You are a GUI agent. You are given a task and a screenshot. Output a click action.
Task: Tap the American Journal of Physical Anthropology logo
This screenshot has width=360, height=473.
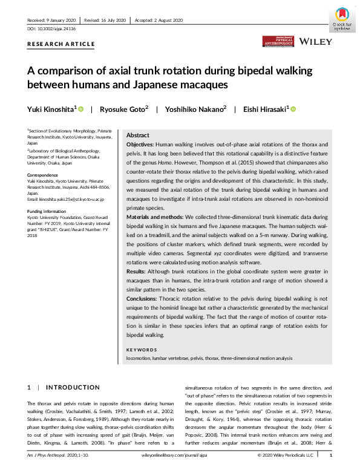(278, 41)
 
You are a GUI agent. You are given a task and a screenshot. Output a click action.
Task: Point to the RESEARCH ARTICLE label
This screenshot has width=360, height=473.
(61, 44)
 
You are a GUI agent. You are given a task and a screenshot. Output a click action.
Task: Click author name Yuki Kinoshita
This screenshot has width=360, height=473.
(50, 109)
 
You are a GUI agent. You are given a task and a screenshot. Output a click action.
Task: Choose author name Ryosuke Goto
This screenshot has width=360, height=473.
(123, 109)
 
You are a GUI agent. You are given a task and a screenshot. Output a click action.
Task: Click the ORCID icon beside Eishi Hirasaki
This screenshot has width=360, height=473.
(293, 109)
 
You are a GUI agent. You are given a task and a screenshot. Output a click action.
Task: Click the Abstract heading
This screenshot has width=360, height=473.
(137, 135)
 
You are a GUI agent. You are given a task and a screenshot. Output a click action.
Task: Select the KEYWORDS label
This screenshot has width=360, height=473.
(140, 350)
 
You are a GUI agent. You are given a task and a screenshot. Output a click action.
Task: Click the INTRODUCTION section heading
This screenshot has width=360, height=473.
(73, 387)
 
